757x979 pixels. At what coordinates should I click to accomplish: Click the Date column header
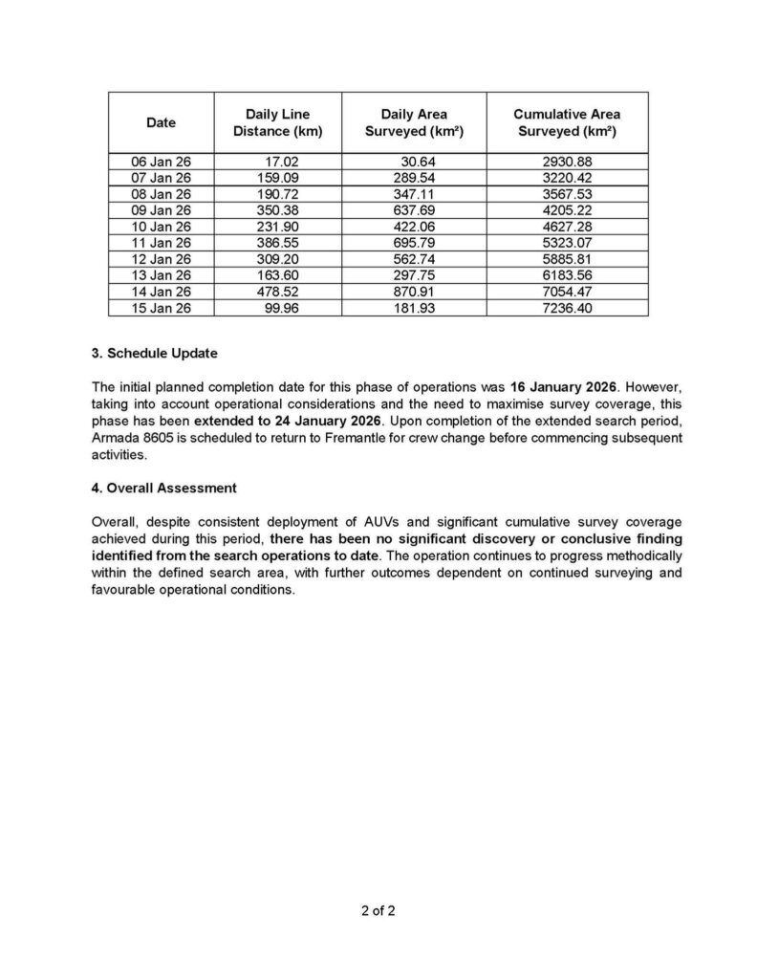(x=161, y=122)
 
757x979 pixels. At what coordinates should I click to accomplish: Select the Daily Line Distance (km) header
(x=277, y=122)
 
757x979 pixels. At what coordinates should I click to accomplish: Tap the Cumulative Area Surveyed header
(x=566, y=122)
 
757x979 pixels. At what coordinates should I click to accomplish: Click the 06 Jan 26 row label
(x=161, y=162)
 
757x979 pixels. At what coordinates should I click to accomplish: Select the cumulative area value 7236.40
(x=567, y=308)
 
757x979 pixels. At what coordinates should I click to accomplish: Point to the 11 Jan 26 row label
(x=161, y=243)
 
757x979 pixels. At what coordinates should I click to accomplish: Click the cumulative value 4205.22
(x=567, y=210)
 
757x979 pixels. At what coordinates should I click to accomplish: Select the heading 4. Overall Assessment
(x=163, y=488)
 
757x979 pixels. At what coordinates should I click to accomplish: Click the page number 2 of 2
(x=378, y=910)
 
